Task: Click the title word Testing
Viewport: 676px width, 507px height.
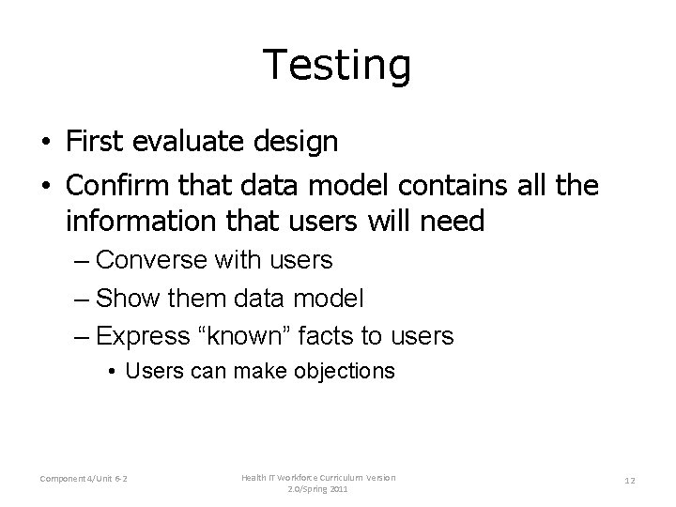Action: point(337,66)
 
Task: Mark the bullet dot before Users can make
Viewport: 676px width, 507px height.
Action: point(112,372)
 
